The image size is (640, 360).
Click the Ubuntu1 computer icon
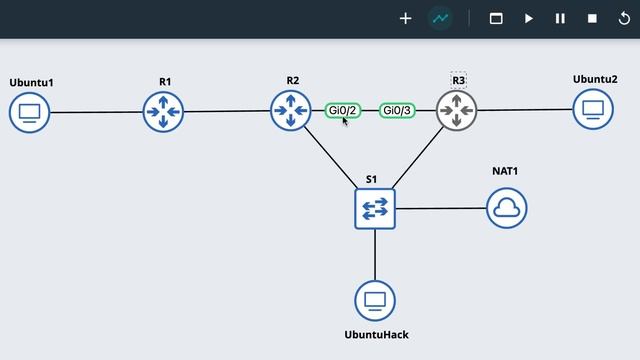(x=30, y=112)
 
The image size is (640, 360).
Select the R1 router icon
(x=163, y=111)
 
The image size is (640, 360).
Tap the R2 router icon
(x=290, y=110)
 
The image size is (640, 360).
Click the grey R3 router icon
(x=457, y=110)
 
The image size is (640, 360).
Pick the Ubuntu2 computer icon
(x=593, y=109)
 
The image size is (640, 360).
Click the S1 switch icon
(x=375, y=208)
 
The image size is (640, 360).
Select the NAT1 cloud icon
(x=506, y=208)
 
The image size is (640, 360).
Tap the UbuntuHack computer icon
(x=375, y=300)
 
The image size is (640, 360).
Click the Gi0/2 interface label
(x=342, y=110)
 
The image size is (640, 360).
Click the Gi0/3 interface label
(x=397, y=110)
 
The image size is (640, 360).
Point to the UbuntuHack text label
(x=376, y=335)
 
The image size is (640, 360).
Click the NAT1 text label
(x=505, y=171)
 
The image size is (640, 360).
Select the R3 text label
(x=459, y=80)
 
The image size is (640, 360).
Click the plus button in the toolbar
(x=406, y=18)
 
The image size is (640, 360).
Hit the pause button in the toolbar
(x=560, y=18)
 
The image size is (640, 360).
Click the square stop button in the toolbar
(x=592, y=18)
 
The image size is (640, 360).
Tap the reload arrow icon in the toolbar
(x=625, y=18)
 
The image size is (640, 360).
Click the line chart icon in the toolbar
(x=439, y=18)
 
